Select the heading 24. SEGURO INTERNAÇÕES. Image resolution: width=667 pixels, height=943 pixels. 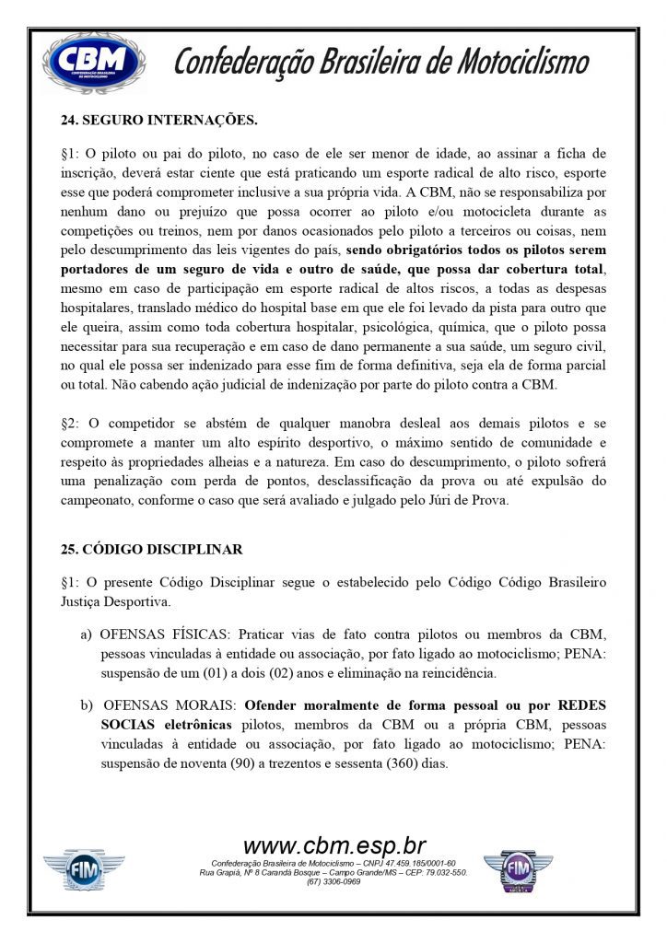pyautogui.click(x=159, y=120)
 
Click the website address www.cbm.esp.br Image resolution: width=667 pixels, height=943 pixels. pyautogui.click(x=333, y=845)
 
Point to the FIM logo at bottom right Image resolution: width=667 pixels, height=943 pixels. pyautogui.click(x=518, y=870)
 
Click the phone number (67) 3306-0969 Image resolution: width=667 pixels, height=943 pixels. pyautogui.click(x=333, y=881)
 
